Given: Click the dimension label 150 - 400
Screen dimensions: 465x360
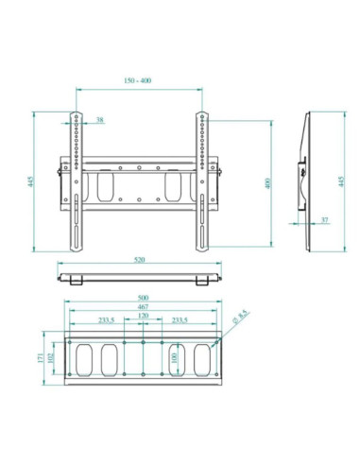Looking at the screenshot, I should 139,81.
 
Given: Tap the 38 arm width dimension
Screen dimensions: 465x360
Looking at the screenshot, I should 100,120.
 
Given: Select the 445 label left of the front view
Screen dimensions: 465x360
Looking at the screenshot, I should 31,182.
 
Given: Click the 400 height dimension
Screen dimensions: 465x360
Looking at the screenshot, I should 267,182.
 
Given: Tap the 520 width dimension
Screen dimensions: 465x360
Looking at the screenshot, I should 139,258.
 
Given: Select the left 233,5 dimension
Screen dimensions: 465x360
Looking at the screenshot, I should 107,320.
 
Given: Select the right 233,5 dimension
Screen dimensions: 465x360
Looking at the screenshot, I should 178,320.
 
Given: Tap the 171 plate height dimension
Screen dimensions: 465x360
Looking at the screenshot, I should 40,359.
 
